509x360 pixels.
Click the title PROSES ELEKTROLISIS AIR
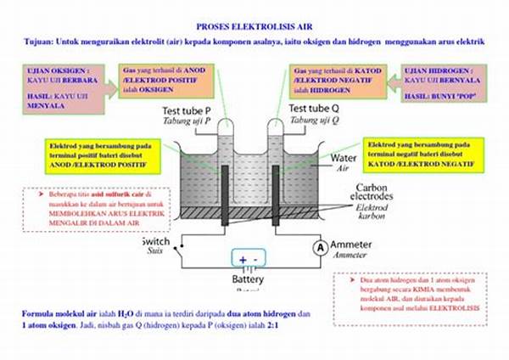point(255,26)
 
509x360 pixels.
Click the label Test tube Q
point(316,110)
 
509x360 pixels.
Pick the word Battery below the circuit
point(249,279)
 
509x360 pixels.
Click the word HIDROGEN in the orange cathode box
point(323,89)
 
